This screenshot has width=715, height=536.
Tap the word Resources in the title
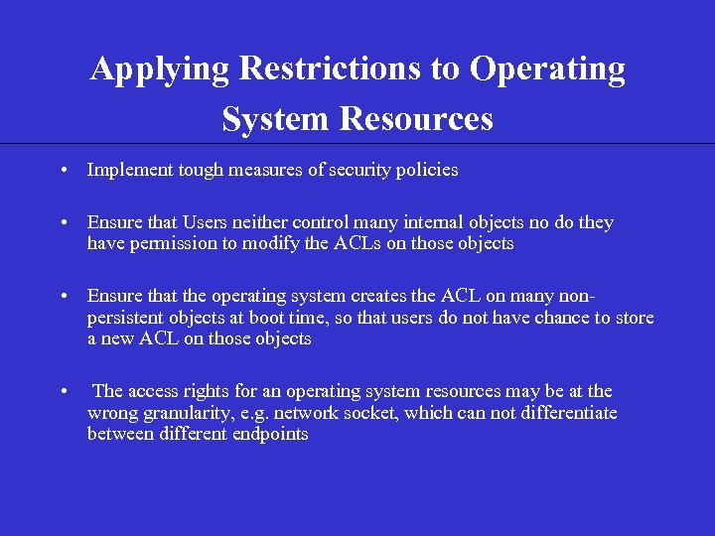pyautogui.click(x=416, y=119)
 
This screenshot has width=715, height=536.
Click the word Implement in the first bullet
pyautogui.click(x=130, y=170)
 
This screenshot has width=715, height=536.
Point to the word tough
pyautogui.click(x=202, y=171)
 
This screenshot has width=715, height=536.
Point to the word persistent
pyautogui.click(x=128, y=317)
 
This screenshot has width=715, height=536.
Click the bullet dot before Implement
pyautogui.click(x=63, y=171)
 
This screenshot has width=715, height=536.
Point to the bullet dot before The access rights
pyautogui.click(x=63, y=391)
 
